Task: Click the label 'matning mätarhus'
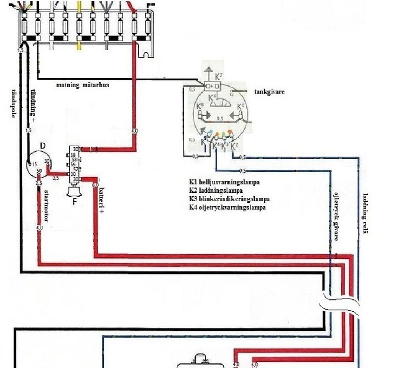pos(82,85)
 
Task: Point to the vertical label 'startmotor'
pos(46,203)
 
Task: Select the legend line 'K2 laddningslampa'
pos(215,191)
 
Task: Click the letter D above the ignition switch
pos(42,145)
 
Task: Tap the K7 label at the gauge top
pos(218,77)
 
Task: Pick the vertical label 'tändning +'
pos(33,103)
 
